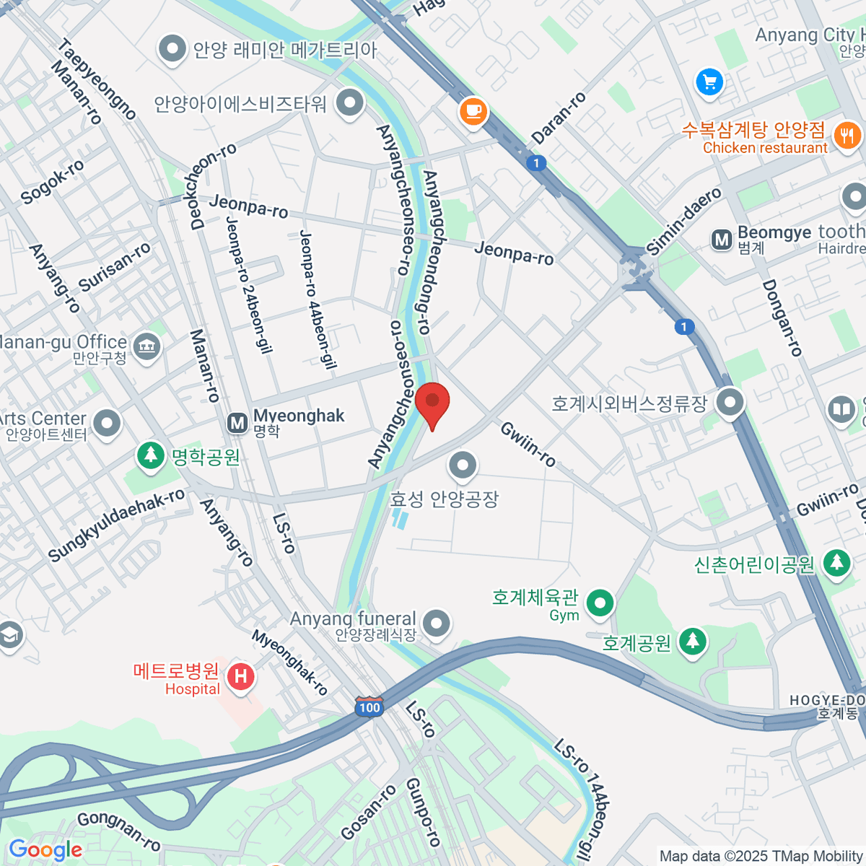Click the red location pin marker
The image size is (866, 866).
point(432,403)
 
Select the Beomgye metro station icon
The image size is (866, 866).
point(721,240)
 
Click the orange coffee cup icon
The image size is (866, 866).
point(473,110)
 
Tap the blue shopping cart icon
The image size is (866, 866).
point(709,82)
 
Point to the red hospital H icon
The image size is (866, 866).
point(240,676)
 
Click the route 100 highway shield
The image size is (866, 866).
point(369,707)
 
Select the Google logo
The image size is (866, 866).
point(45,850)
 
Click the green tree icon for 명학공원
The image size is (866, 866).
point(150,455)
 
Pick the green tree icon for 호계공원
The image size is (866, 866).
point(692,640)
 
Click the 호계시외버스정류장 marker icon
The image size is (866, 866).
point(730,401)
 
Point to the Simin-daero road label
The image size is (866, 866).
point(683,222)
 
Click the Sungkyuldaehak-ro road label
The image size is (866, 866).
point(116,525)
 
